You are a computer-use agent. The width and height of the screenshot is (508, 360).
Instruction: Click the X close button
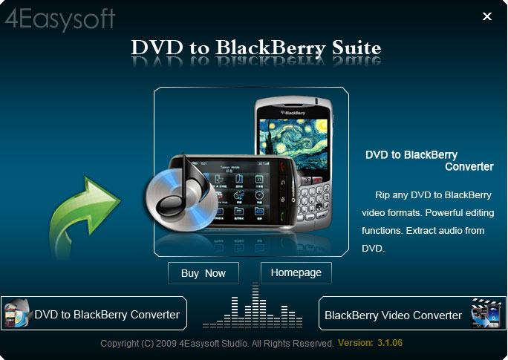(x=487, y=16)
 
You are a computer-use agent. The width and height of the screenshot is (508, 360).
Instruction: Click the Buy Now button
(x=203, y=273)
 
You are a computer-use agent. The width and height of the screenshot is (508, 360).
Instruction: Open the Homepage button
(x=296, y=272)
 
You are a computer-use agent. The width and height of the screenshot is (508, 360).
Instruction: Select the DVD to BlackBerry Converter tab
(x=94, y=313)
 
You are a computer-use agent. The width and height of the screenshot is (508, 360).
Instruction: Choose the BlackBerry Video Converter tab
(x=412, y=313)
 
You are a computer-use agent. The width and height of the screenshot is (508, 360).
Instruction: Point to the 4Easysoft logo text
(x=60, y=19)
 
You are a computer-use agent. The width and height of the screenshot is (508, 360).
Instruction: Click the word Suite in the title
(x=356, y=48)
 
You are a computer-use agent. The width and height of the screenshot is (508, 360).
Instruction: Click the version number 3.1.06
(x=390, y=343)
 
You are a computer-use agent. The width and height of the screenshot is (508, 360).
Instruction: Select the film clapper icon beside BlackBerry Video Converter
(x=486, y=313)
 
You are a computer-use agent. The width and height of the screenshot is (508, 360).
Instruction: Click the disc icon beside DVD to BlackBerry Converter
(x=18, y=313)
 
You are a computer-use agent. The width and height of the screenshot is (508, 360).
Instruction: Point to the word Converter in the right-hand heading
(x=469, y=167)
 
